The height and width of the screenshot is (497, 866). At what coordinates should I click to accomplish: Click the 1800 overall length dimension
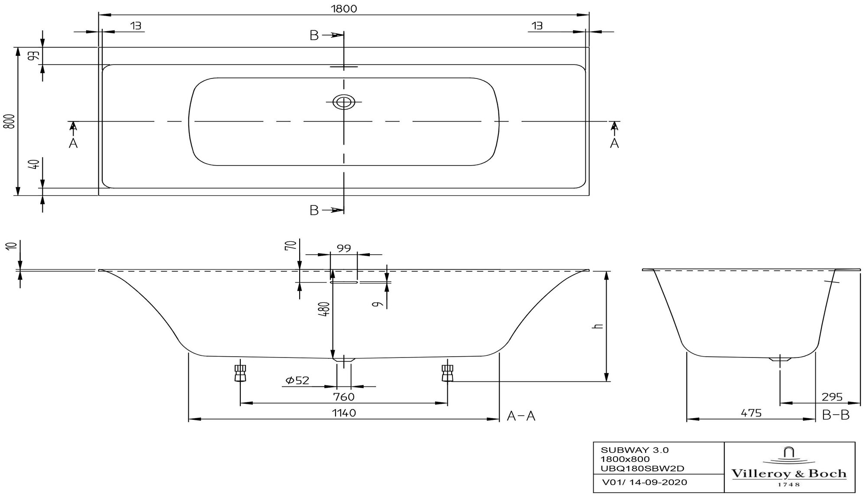coord(345,8)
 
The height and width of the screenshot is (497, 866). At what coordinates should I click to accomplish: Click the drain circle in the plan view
coord(344,102)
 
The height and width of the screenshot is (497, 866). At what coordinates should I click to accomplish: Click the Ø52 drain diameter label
coord(297,380)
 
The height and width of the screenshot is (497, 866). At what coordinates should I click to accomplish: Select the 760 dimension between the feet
coord(344,396)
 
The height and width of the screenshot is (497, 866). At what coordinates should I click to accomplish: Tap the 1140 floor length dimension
coord(344,413)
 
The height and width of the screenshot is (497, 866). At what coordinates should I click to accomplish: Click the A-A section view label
coord(521,416)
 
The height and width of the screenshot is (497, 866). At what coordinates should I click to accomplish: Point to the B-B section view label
coord(836,415)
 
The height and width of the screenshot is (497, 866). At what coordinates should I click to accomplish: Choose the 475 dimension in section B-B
coord(751,413)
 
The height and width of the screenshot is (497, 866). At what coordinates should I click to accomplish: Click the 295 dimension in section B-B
coord(832,396)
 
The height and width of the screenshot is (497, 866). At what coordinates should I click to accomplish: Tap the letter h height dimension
coord(599,326)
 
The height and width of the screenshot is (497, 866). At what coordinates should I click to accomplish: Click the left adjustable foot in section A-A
coord(240,373)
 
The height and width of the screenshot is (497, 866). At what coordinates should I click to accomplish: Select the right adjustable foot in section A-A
coord(447,373)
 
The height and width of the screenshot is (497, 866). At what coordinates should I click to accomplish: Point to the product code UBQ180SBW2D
coord(643,468)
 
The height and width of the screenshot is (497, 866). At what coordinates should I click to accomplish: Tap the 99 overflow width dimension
coord(344,248)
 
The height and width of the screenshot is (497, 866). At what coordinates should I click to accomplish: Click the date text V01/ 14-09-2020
coord(644,482)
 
